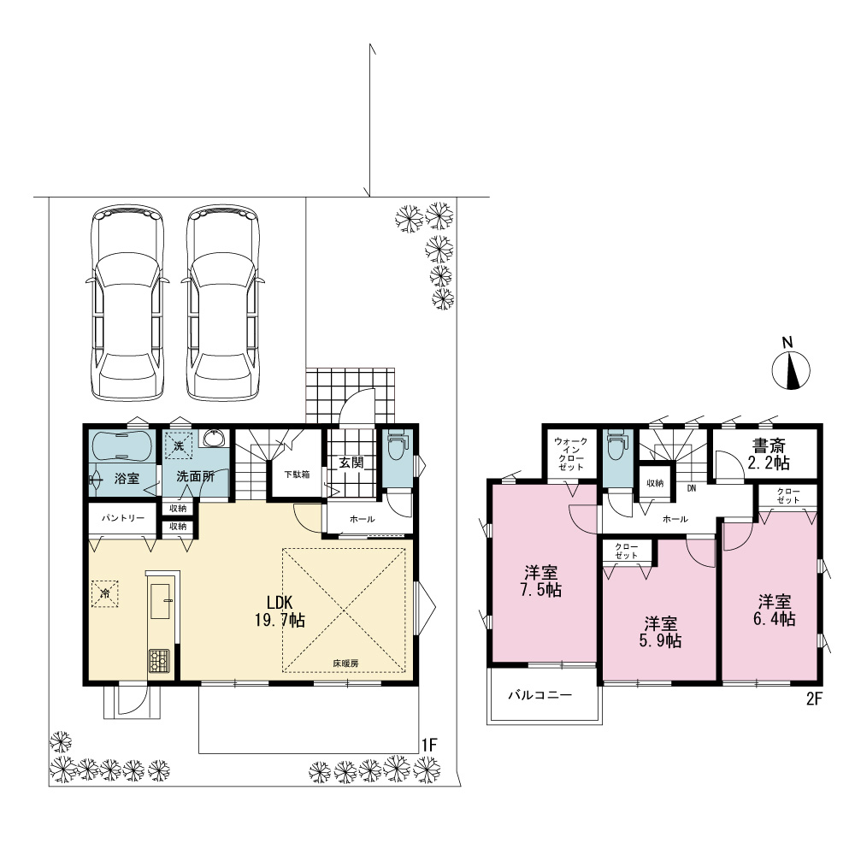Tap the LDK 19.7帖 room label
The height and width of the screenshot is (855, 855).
coord(280,611)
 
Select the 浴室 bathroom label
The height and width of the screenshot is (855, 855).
coord(127,479)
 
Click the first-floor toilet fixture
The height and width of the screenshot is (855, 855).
coord(397,445)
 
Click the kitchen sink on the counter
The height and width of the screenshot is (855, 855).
coord(162,601)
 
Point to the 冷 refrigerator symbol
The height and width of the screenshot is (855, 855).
coord(104,593)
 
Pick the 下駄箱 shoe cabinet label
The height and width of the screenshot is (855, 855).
coord(297,475)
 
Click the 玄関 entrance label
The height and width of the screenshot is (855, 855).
coord(351,463)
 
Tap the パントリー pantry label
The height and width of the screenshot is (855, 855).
coord(123,517)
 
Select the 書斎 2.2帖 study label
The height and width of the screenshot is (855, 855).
coord(769,455)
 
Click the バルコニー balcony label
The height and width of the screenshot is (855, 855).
coord(540,695)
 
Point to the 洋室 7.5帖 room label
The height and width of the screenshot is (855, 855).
coord(541,581)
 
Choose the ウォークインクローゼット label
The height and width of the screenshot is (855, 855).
coord(571,454)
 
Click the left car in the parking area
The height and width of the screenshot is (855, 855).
coord(127,303)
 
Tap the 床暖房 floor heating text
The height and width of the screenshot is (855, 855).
coord(345,663)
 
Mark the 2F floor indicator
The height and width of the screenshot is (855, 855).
coord(814,699)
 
